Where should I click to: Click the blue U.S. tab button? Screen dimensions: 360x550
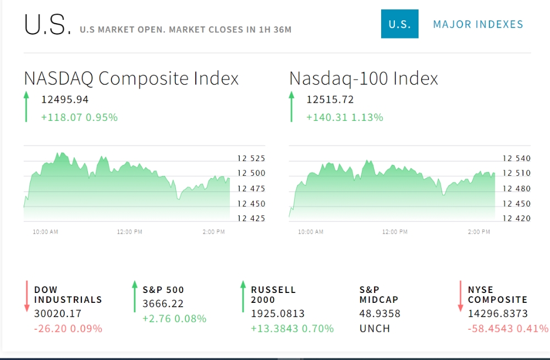pos(399,24)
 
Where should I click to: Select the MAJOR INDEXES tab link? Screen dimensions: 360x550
pos(478,24)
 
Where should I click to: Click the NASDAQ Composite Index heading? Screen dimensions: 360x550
pos(131,78)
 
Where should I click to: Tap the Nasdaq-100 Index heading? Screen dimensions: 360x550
pos(364,78)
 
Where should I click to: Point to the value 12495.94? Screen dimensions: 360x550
pos(65,99)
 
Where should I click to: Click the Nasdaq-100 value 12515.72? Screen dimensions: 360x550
pos(330,99)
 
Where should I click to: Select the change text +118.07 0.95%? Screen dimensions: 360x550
pos(79,117)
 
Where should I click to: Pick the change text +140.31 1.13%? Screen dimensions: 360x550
pos(345,117)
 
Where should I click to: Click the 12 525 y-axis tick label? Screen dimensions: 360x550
pos(251,158)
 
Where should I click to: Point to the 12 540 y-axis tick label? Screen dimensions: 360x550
pos(516,158)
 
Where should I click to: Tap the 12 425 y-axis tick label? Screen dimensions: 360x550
pos(251,218)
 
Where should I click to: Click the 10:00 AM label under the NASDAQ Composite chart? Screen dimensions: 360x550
pos(45,232)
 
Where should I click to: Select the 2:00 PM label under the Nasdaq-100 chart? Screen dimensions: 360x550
pos(479,232)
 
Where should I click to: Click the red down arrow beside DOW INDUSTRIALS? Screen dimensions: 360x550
pos(26,297)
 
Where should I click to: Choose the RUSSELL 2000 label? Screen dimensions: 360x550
pos(273,295)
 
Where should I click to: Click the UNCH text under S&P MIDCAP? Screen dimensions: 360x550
pos(375,329)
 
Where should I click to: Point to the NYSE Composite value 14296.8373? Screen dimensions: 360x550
pos(498,314)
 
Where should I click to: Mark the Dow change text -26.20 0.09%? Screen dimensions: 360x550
pos(68,329)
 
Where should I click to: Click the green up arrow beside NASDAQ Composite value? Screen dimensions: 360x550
pos(26,107)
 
